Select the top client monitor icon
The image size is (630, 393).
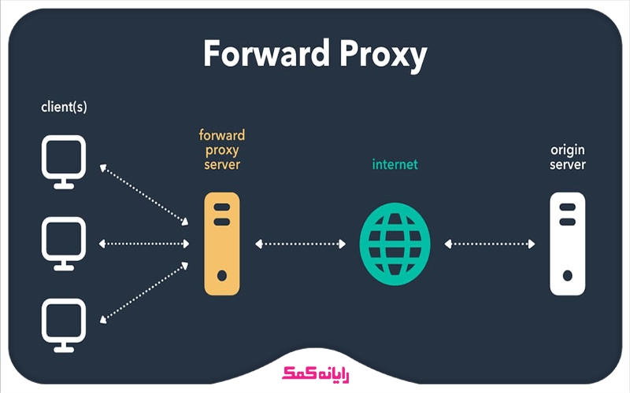pos(64,160)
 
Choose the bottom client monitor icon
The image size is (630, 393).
pos(64,323)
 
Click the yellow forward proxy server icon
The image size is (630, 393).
pos(221,244)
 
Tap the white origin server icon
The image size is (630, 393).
pos(567,244)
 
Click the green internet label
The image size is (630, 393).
pos(395,165)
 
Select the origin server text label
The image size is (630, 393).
pos(567,157)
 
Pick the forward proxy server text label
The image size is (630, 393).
pos(221,149)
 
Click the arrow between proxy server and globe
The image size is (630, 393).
pos(301,244)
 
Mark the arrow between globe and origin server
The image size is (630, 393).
pos(489,244)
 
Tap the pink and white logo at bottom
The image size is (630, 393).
pos(314,373)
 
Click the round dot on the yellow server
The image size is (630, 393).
pos(222,277)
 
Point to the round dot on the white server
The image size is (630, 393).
pos(567,277)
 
